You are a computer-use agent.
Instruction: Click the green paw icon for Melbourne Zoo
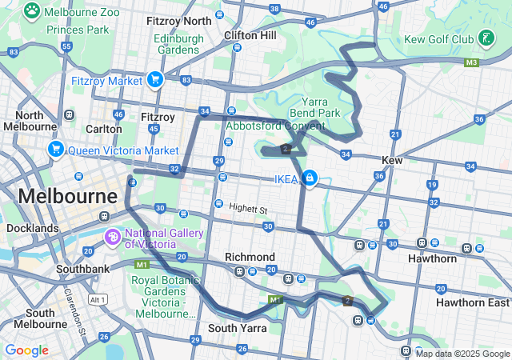click(x=32, y=11)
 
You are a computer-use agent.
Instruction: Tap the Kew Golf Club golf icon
click(x=486, y=38)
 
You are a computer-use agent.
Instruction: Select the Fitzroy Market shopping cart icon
click(x=155, y=79)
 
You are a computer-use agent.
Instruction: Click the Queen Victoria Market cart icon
click(x=56, y=150)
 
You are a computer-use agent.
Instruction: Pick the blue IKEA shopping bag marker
click(x=309, y=178)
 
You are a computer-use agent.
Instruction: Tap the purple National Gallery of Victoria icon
click(x=114, y=238)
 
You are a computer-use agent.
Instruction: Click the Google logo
click(x=26, y=350)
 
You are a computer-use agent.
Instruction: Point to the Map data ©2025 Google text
click(x=462, y=354)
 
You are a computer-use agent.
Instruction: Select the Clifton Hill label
click(x=250, y=35)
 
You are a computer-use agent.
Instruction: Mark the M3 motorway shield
click(x=471, y=62)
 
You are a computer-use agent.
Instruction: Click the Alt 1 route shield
click(x=98, y=299)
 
